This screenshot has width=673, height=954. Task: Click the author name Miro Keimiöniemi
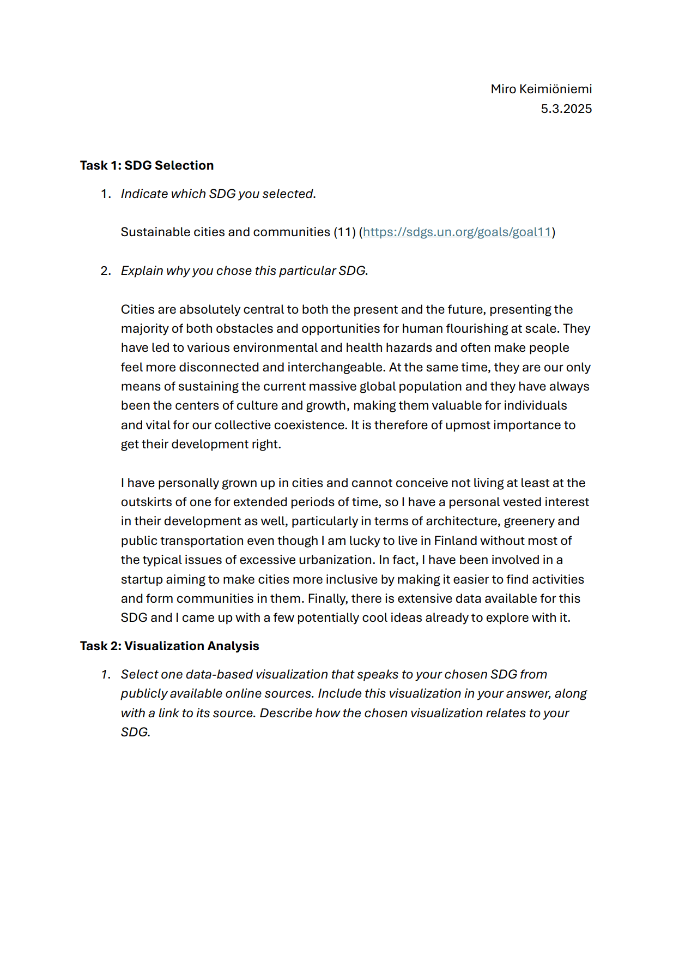(x=541, y=89)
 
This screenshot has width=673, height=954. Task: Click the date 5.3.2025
(x=566, y=109)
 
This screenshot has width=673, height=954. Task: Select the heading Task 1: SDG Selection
(x=147, y=165)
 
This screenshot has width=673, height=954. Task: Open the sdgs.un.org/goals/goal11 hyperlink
(x=457, y=232)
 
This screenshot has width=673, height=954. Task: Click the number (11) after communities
(x=344, y=232)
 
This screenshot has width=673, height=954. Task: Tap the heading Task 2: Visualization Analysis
(x=169, y=646)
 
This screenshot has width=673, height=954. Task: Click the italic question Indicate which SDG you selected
(x=218, y=194)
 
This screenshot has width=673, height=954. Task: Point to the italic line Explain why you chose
(x=244, y=271)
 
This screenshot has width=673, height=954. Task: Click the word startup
(x=141, y=579)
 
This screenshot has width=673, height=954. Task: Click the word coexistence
(x=310, y=425)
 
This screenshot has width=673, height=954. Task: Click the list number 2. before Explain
(x=106, y=271)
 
